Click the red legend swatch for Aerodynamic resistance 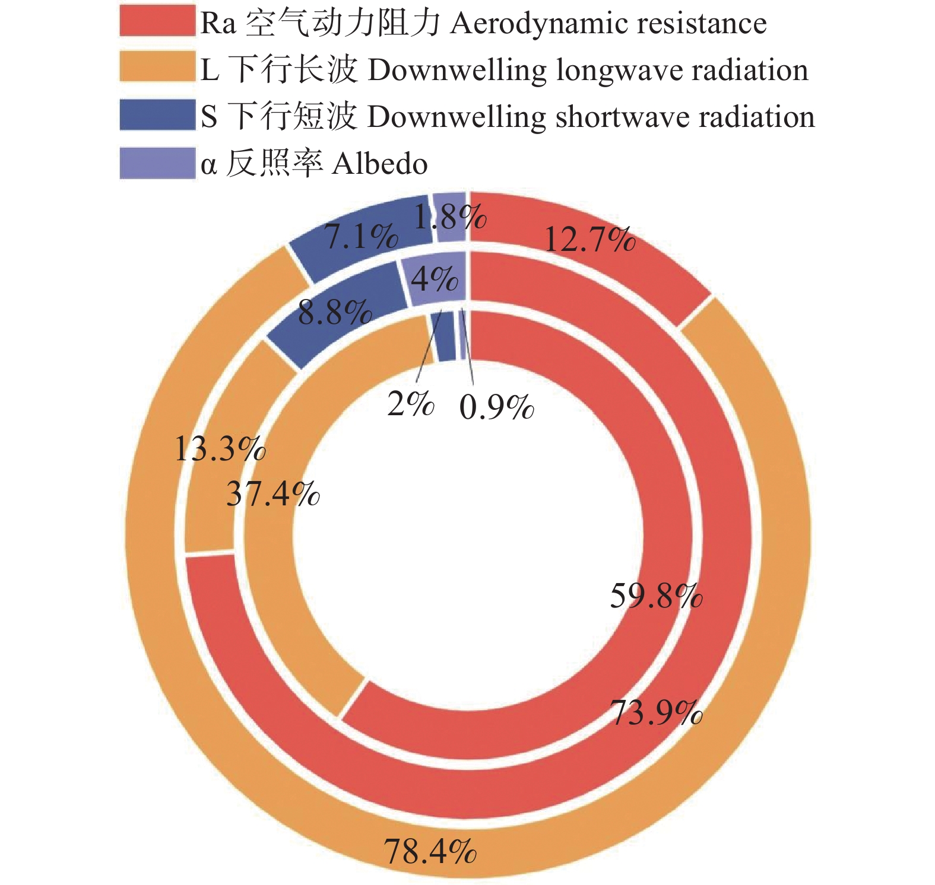click(157, 21)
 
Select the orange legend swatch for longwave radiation click(157, 66)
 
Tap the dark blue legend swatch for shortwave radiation click(157, 114)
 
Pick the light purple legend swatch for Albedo click(157, 163)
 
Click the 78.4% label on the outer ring click(430, 851)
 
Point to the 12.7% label click(589, 240)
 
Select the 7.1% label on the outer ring click(362, 237)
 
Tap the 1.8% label click(450, 217)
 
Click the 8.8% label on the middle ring click(335, 312)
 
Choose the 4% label click(435, 279)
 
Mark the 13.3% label click(220, 448)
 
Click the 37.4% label click(272, 494)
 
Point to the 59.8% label click(656, 596)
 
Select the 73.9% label click(656, 712)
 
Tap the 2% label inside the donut click(410, 405)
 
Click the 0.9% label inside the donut click(496, 407)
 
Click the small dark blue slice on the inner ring click(446, 336)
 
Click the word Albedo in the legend click(380, 164)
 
